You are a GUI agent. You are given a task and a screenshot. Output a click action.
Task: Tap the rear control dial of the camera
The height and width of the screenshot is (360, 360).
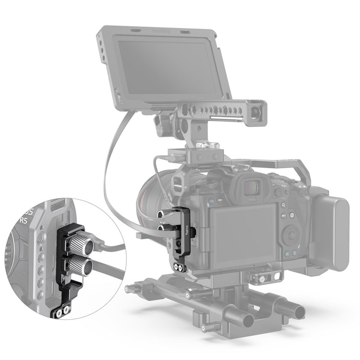(x=289, y=234)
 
